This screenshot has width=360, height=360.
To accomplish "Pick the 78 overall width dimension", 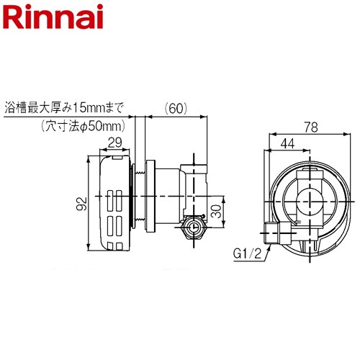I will tap(311, 127).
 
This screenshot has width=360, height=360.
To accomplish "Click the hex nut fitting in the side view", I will tap(192, 228).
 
